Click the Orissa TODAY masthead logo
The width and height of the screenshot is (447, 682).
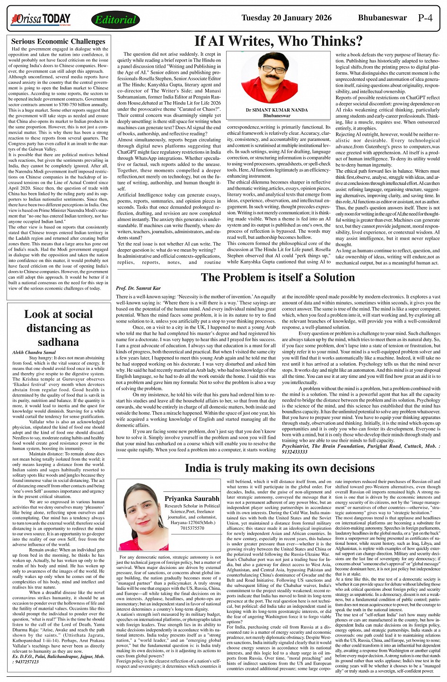(x=41, y=19)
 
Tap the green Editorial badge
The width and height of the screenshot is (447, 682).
(x=115, y=20)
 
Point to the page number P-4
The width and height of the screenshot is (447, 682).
(x=425, y=18)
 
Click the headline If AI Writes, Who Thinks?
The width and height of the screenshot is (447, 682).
(x=278, y=41)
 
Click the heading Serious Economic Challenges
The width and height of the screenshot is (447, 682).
(x=58, y=42)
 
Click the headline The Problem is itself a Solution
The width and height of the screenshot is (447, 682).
(x=278, y=278)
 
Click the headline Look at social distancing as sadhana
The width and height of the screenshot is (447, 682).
(x=58, y=328)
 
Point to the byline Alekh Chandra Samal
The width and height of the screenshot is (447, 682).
(x=34, y=352)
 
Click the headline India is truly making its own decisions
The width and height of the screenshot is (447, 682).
(x=280, y=468)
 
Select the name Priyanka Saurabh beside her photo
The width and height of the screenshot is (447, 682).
(x=192, y=498)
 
